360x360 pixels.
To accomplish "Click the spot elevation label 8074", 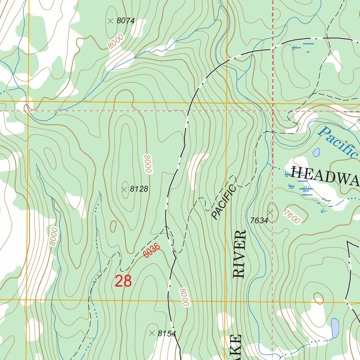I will click(x=126, y=21).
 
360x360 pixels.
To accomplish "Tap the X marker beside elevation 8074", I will click(x=110, y=21).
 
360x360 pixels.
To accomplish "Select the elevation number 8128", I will click(x=139, y=189).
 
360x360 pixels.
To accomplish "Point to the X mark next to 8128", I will click(x=124, y=189).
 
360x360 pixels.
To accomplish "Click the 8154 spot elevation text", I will click(x=167, y=334).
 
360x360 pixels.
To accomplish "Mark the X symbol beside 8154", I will click(x=152, y=333).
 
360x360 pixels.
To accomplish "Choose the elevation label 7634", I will click(x=259, y=220).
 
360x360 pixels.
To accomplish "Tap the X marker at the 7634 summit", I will click(x=270, y=212).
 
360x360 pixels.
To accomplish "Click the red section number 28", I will click(x=123, y=281).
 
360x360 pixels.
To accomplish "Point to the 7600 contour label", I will click(x=291, y=216).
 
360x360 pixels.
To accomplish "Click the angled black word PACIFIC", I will click(x=223, y=202).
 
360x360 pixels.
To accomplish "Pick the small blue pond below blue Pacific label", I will click(x=316, y=152).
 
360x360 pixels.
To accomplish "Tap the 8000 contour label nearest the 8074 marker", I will click(x=116, y=44).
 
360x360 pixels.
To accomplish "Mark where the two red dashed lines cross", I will click(x=273, y=111).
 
